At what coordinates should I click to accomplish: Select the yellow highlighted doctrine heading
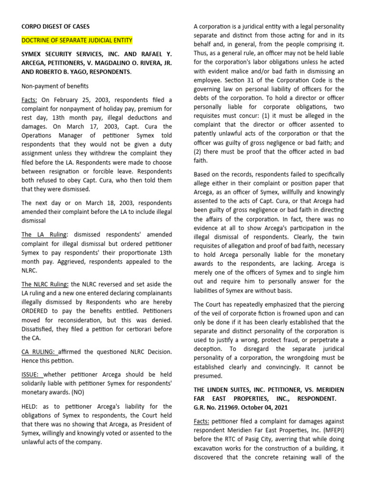pyautogui.click(x=77, y=41)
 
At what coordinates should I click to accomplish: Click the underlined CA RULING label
pyautogui.click(x=40, y=352)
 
